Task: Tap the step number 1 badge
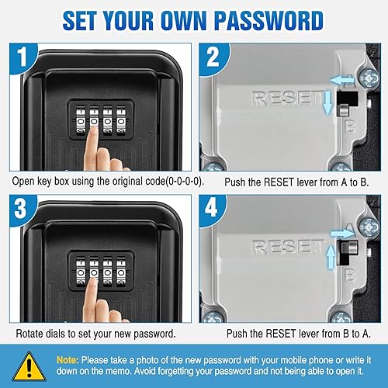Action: (23, 57)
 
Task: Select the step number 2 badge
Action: (213, 57)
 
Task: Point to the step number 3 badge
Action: (21, 210)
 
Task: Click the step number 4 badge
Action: (212, 209)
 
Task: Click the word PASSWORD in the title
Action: (269, 21)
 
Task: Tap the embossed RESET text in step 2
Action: (287, 98)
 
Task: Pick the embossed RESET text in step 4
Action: (287, 247)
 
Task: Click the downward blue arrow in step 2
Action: (328, 102)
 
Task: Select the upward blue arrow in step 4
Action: (331, 256)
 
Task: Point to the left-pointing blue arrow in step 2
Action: (342, 81)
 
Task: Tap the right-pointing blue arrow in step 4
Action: (343, 234)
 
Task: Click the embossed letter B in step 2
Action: (350, 126)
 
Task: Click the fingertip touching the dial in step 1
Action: (93, 130)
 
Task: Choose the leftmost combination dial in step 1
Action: (81, 121)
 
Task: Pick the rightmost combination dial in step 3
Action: (120, 272)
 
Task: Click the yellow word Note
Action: (68, 360)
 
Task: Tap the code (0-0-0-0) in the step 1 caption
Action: (185, 182)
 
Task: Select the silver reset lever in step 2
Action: (344, 109)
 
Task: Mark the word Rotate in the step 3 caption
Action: (29, 334)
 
